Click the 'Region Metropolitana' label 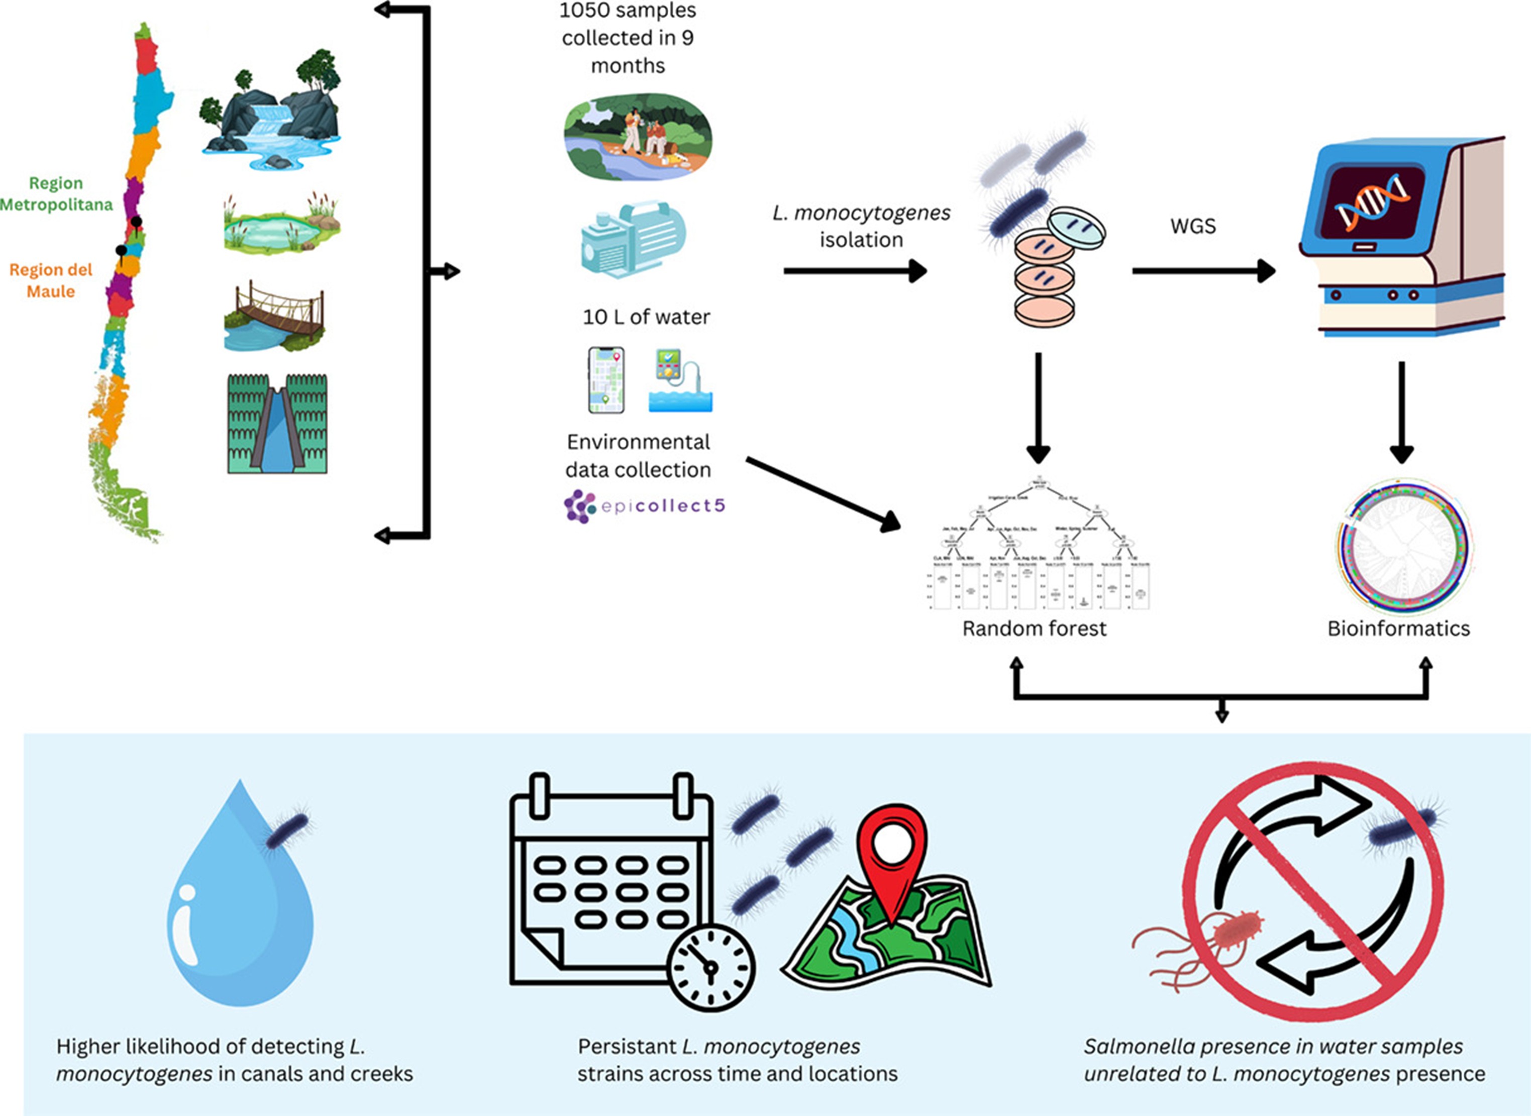click(56, 194)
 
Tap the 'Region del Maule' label click(51, 280)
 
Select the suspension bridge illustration click(274, 316)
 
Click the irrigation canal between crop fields click(277, 424)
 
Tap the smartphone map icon click(606, 380)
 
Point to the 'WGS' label click(1193, 226)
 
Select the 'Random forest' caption click(1034, 629)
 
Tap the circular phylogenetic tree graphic click(1403, 546)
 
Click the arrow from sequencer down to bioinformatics click(1401, 412)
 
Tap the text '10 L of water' click(646, 318)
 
